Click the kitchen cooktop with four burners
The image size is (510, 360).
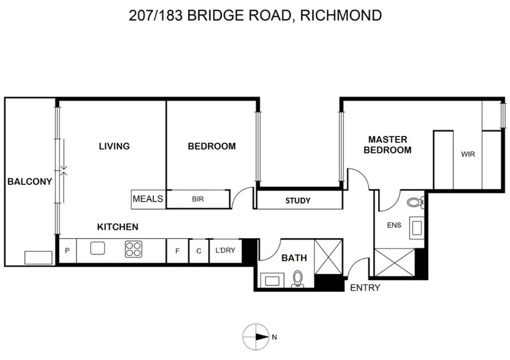pyautogui.click(x=133, y=249)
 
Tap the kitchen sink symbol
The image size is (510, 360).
pyautogui.click(x=97, y=248)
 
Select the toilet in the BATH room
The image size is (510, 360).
pyautogui.click(x=298, y=279)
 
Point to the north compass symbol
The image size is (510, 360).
pyautogui.click(x=256, y=337)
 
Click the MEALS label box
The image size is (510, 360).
pyautogui.click(x=148, y=199)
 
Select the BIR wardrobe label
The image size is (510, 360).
pyautogui.click(x=198, y=199)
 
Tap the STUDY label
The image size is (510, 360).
pyautogui.click(x=298, y=201)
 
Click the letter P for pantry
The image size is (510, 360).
pyautogui.click(x=67, y=250)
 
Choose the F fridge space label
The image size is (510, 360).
pyautogui.click(x=177, y=251)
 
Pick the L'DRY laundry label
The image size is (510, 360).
pyautogui.click(x=225, y=250)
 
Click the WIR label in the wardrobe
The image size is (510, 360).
pyautogui.click(x=468, y=154)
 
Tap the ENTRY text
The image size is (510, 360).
pyautogui.click(x=365, y=288)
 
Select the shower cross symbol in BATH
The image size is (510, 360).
pyautogui.click(x=328, y=257)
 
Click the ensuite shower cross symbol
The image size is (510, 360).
pyautogui.click(x=395, y=262)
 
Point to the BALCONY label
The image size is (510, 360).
pyautogui.click(x=30, y=182)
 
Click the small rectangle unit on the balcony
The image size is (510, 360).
pyautogui.click(x=38, y=258)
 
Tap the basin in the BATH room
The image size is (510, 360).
pyautogui.click(x=272, y=281)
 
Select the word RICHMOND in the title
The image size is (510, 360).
pyautogui.click(x=341, y=15)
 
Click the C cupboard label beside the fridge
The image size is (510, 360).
pyautogui.click(x=199, y=251)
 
